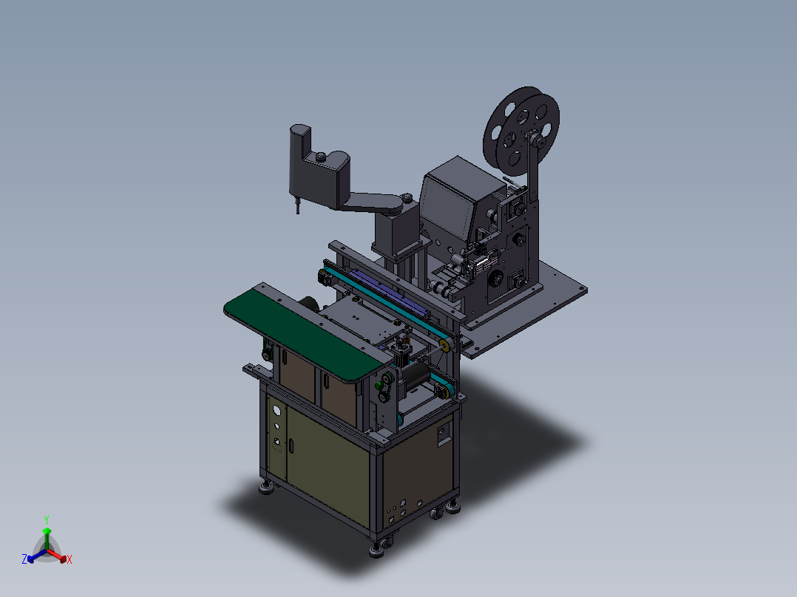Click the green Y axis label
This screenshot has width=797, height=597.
(47, 519)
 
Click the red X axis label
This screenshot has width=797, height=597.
(69, 559)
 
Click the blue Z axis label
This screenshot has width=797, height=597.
(24, 559)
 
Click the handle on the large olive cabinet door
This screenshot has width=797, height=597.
(291, 446)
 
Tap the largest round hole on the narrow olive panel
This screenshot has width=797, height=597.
(277, 409)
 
